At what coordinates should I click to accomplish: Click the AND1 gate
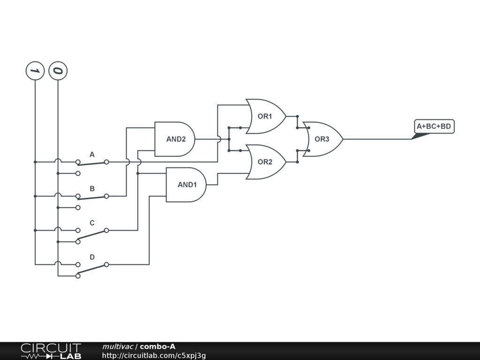(x=186, y=185)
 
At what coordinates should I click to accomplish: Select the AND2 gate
(x=175, y=139)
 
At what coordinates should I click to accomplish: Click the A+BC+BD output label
(x=434, y=126)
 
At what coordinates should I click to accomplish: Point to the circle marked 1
(x=35, y=71)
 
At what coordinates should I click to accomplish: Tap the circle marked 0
(x=58, y=71)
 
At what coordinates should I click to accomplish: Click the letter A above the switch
(x=92, y=154)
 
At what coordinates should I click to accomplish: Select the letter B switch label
(x=92, y=188)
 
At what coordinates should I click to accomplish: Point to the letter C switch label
(x=92, y=223)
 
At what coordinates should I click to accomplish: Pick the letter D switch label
(x=92, y=257)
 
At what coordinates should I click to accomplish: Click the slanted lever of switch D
(x=92, y=269)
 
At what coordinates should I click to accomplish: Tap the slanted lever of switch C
(x=92, y=234)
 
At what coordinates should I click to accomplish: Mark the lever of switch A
(x=92, y=164)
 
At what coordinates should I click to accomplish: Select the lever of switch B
(x=92, y=197)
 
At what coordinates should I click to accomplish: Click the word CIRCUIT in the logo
(x=51, y=348)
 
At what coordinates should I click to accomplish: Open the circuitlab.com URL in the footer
(x=154, y=355)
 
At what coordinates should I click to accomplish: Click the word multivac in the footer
(x=118, y=346)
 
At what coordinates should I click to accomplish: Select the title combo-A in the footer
(x=157, y=346)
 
